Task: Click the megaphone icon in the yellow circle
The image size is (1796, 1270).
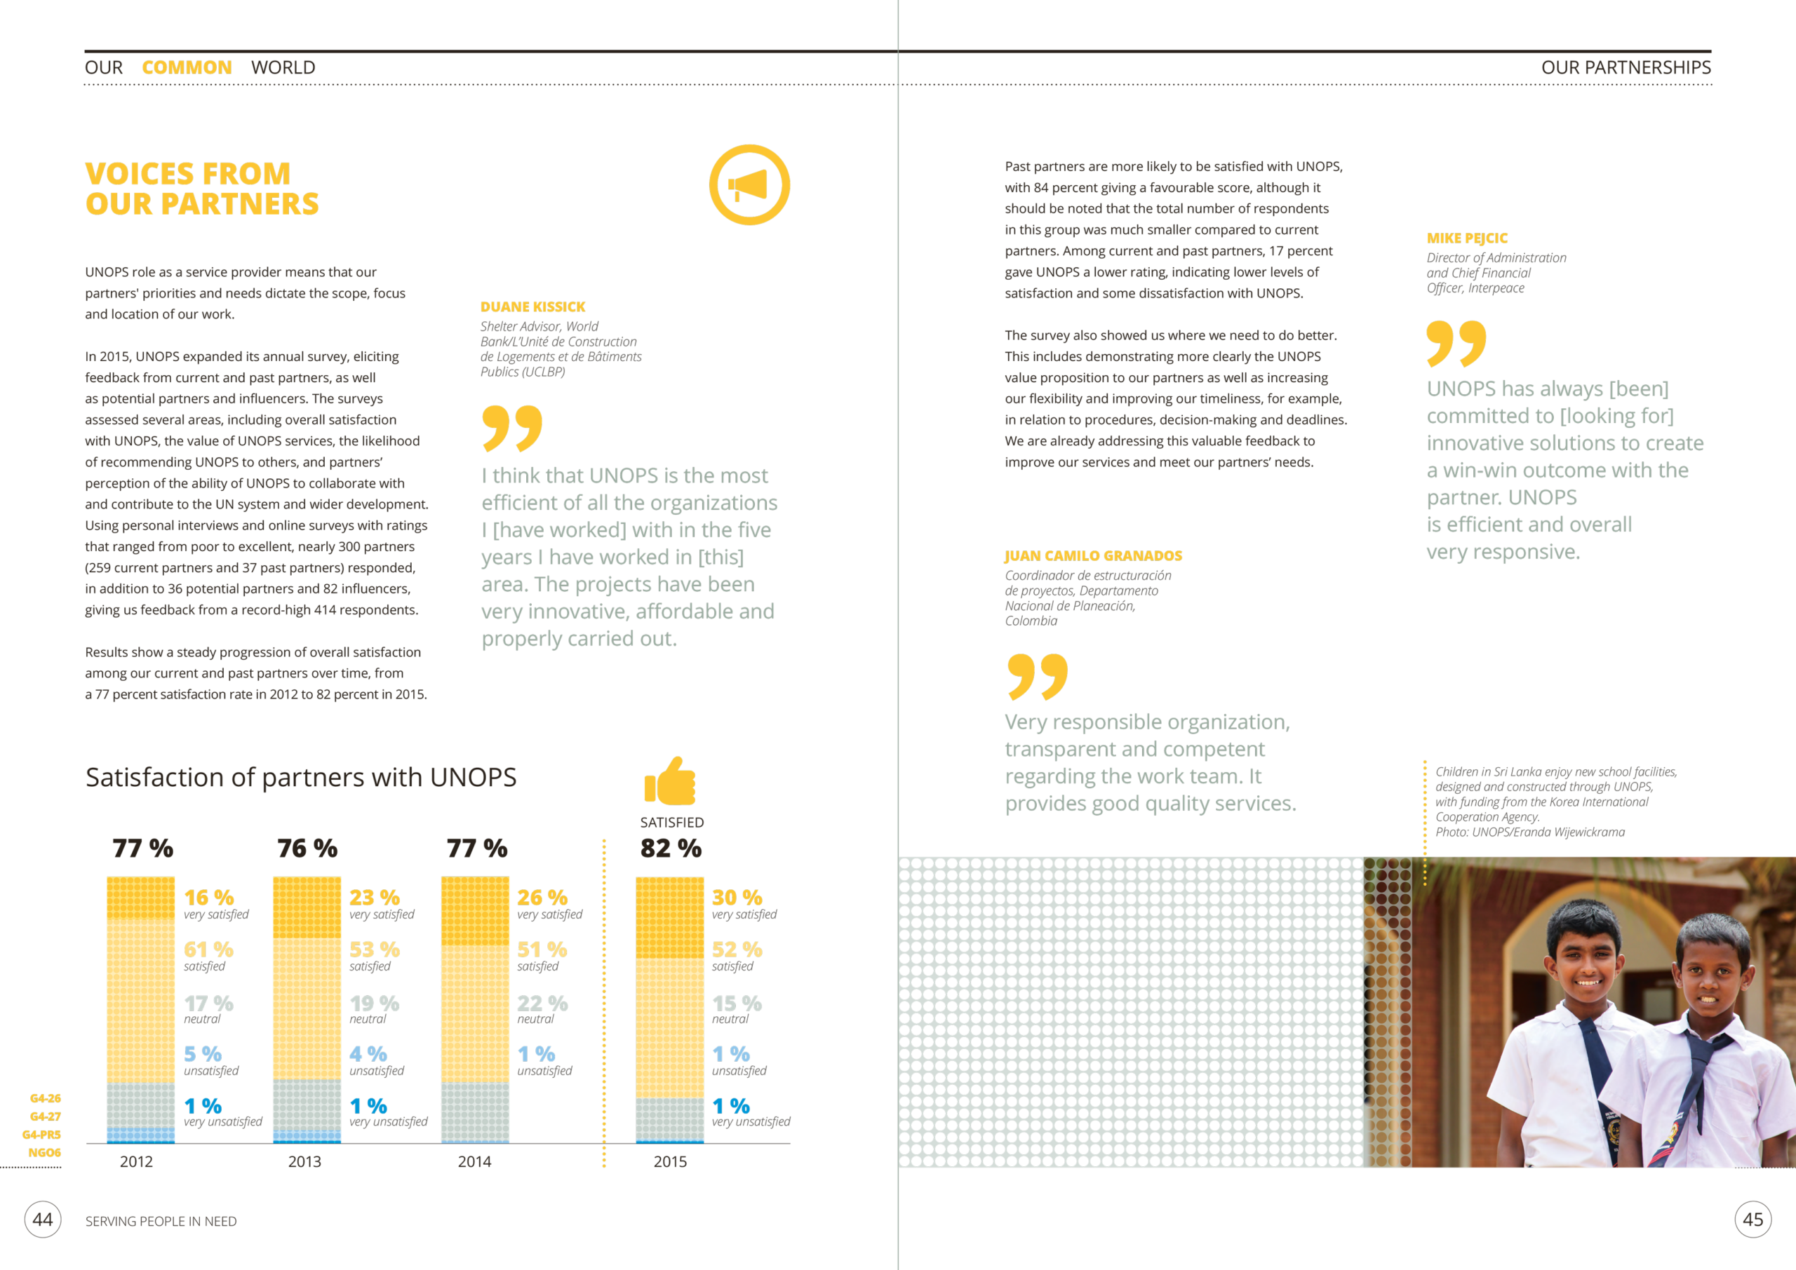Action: pyautogui.click(x=749, y=185)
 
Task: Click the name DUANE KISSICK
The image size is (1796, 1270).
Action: pyautogui.click(x=532, y=306)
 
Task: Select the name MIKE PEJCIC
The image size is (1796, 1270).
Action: pyautogui.click(x=1467, y=238)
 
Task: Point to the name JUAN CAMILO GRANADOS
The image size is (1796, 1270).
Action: pyautogui.click(x=1093, y=555)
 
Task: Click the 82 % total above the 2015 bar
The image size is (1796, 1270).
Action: pyautogui.click(x=671, y=849)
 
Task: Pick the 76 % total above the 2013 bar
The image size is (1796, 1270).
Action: pyautogui.click(x=307, y=849)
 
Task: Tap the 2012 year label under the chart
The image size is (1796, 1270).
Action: pyautogui.click(x=136, y=1161)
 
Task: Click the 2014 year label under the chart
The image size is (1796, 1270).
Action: pyautogui.click(x=474, y=1161)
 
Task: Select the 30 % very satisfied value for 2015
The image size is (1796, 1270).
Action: pyautogui.click(x=736, y=897)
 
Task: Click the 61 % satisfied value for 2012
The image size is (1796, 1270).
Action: pyautogui.click(x=208, y=950)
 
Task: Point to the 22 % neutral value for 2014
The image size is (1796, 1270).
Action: pyautogui.click(x=542, y=1003)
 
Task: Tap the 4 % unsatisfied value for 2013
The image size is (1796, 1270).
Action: pyautogui.click(x=368, y=1054)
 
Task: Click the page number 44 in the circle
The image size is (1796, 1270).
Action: pyautogui.click(x=43, y=1220)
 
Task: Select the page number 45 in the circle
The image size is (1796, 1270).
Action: pyautogui.click(x=1753, y=1220)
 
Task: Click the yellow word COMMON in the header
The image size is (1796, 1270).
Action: pyautogui.click(x=187, y=68)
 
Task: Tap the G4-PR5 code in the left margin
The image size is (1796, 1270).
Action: pyautogui.click(x=41, y=1135)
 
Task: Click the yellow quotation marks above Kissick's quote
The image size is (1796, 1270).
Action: pyautogui.click(x=511, y=428)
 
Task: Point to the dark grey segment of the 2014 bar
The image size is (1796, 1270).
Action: pyautogui.click(x=475, y=1112)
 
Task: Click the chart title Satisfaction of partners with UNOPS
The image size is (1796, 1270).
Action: pyautogui.click(x=301, y=777)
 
